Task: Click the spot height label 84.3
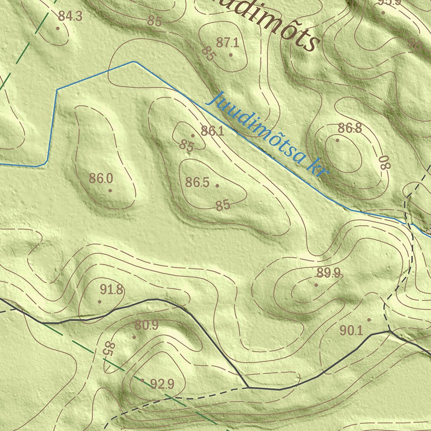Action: [x=70, y=16]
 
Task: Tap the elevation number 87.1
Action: [x=227, y=43]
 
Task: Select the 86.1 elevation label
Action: [x=212, y=131]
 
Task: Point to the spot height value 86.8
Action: [x=350, y=128]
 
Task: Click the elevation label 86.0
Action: [x=101, y=178]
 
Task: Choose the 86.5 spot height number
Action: [x=197, y=183]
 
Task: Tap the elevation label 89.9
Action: [x=329, y=274]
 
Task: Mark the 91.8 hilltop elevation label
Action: [x=112, y=290]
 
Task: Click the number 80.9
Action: [x=146, y=325]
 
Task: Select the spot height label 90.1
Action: [x=351, y=331]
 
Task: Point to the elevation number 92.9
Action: [x=162, y=384]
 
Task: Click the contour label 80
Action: [x=384, y=162]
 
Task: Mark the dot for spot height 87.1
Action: [x=231, y=55]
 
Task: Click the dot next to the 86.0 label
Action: [x=110, y=190]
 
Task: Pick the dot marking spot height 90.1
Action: [x=369, y=320]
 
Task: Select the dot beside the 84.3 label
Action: [x=58, y=28]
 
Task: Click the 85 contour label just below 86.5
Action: [x=223, y=205]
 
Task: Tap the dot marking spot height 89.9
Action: [x=317, y=285]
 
